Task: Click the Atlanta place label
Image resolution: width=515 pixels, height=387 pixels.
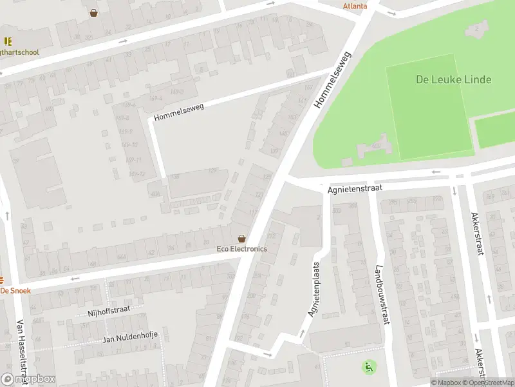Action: click(x=355, y=6)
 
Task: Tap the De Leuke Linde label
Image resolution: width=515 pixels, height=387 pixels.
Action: click(x=453, y=79)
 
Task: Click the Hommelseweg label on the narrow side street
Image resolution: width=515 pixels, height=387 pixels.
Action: click(x=179, y=112)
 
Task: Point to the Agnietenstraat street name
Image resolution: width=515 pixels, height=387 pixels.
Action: click(x=355, y=187)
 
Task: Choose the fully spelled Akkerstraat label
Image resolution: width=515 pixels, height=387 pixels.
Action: click(x=476, y=234)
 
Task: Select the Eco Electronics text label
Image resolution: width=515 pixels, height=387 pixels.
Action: click(x=241, y=249)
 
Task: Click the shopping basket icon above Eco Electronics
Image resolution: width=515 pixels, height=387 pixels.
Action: click(x=241, y=238)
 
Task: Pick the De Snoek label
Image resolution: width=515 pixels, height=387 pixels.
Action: click(x=15, y=291)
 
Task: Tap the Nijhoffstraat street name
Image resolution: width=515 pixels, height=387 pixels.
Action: click(x=109, y=311)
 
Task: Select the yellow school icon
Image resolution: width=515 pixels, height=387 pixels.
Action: click(x=8, y=41)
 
